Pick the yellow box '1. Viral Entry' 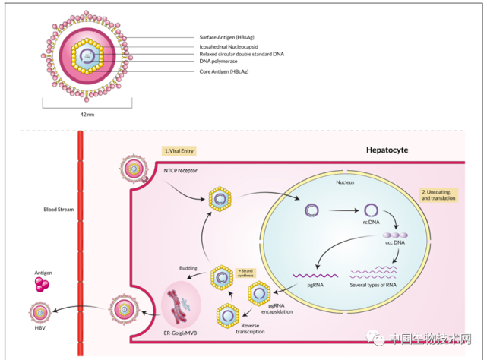click(x=181, y=151)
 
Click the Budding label click(x=188, y=268)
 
